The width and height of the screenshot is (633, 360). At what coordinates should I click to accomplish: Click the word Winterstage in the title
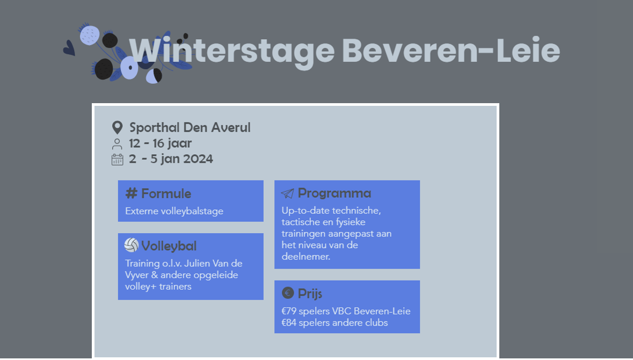coord(232,52)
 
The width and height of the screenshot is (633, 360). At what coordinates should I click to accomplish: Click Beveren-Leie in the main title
coord(451,51)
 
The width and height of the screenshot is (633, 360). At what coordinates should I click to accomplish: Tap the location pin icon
coord(117,128)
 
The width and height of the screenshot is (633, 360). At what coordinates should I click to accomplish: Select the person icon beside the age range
coord(117,144)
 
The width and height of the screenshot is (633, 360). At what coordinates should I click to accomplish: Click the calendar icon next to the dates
coord(117,160)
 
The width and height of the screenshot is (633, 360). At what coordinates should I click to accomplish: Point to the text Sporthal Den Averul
coord(190,128)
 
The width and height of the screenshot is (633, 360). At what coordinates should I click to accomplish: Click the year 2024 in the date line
coord(198,159)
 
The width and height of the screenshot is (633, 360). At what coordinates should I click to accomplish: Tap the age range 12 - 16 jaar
coord(161,143)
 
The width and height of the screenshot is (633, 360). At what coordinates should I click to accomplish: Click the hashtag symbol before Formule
coord(131,193)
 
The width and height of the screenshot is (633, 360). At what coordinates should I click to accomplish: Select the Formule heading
coord(166,193)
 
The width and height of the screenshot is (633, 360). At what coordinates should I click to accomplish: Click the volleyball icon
coord(131,245)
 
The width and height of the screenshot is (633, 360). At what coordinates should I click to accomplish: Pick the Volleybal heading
coord(169,246)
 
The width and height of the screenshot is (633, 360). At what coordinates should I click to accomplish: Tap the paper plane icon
coord(287,193)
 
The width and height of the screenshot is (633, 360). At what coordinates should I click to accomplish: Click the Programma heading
coord(334,193)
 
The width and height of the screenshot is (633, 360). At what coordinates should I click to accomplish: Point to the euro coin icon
coord(288,292)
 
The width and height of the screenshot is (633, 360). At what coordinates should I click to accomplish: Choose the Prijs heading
coord(310,294)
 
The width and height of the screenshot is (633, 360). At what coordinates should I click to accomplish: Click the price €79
coord(289,311)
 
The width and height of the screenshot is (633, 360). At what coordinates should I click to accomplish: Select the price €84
coord(289,322)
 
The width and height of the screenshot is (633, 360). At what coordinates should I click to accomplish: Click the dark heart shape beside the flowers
coord(69,48)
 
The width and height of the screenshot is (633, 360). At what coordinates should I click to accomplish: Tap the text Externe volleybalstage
coord(174,211)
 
